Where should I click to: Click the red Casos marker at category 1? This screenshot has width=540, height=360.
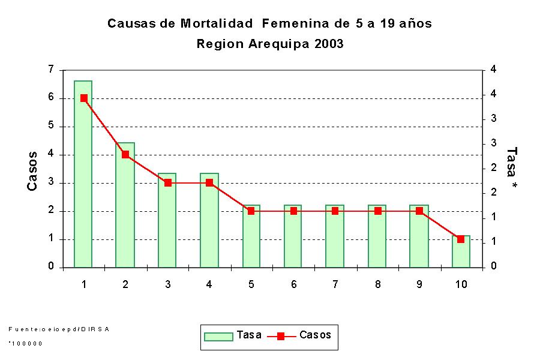click(83, 98)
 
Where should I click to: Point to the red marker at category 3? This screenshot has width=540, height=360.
click(167, 183)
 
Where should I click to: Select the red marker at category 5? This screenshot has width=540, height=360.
click(251, 211)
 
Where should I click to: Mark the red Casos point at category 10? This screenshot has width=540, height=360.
click(461, 239)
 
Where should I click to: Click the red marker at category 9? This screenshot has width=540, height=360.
click(419, 211)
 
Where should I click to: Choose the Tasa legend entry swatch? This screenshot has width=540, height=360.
click(218, 336)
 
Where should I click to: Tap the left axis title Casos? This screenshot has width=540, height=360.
click(33, 171)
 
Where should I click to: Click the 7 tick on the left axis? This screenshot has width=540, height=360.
click(51, 70)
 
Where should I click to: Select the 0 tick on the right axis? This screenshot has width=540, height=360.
click(493, 267)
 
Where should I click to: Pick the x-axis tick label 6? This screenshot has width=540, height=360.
click(293, 284)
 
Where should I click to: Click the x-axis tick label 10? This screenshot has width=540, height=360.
click(461, 284)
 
